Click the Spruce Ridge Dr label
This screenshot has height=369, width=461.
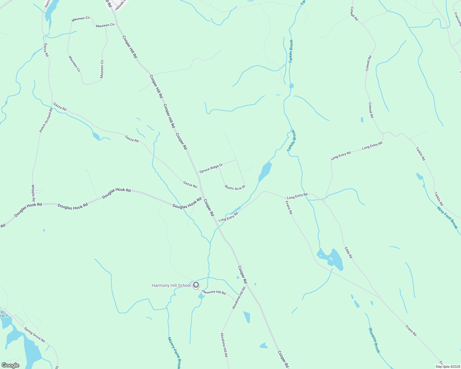pos(211,168)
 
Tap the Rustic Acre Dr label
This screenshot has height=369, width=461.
pos(235,188)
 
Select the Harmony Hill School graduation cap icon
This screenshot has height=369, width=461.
pos(196,286)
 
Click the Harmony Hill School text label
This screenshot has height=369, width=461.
pos(171,285)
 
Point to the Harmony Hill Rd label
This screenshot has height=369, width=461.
pos(214,292)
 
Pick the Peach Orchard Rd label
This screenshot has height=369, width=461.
pos(46,120)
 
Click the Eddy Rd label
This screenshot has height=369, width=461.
pos(348,252)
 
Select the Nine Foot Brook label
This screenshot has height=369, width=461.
pos(447,217)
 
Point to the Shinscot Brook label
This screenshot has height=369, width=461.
pos(374,340)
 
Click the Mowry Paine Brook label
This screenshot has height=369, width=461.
pos(174,353)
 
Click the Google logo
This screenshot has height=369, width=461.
pos(10,365)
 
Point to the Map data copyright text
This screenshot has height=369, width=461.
pos(447,367)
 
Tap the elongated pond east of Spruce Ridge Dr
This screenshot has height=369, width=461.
pos(265,171)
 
